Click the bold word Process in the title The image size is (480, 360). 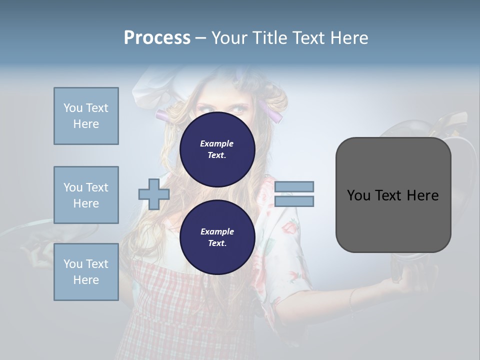[x=157, y=38]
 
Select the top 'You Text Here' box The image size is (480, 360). [x=86, y=116]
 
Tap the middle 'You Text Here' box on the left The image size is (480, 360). [x=86, y=195]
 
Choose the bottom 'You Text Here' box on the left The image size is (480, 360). [x=86, y=272]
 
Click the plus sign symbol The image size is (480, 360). [x=154, y=194]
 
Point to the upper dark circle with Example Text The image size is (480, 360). [x=217, y=149]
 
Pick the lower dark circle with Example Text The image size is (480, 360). [x=217, y=237]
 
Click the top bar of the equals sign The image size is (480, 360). [x=294, y=186]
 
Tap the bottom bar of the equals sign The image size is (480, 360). [x=294, y=201]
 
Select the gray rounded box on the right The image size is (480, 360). [x=393, y=195]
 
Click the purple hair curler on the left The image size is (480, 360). [x=164, y=115]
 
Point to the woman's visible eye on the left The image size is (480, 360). [x=202, y=108]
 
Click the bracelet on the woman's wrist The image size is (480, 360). [x=351, y=299]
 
